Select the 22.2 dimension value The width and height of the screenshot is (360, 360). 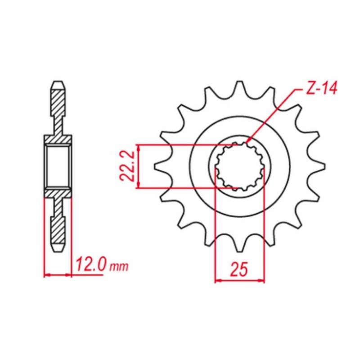pyautogui.click(x=127, y=166)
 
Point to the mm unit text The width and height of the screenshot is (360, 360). pyautogui.click(x=119, y=266)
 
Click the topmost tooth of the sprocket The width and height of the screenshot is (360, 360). pyautogui.click(x=239, y=85)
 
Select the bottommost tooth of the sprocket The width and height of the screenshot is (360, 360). pyautogui.click(x=239, y=247)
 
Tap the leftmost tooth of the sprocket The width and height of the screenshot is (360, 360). pyautogui.click(x=160, y=166)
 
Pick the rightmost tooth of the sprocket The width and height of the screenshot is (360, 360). pyautogui.click(x=319, y=166)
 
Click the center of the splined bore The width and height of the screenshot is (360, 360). pyautogui.click(x=239, y=166)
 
